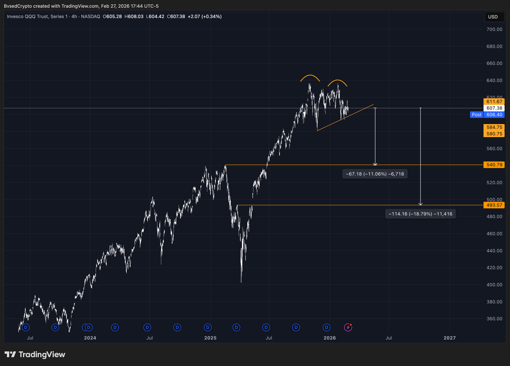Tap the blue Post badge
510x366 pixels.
[x=476, y=115]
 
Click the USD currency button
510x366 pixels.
[x=493, y=17]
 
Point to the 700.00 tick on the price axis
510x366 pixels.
[x=494, y=29]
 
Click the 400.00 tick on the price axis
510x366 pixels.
[x=494, y=285]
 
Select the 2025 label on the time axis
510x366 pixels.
[x=210, y=338]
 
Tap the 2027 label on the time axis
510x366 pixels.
[x=449, y=338]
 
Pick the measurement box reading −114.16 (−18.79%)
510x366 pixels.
[x=420, y=214]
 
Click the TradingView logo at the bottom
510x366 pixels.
[x=35, y=355]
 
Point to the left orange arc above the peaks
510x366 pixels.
[x=310, y=77]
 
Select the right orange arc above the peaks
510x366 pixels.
[x=337, y=82]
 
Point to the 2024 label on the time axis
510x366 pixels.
[x=90, y=338]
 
